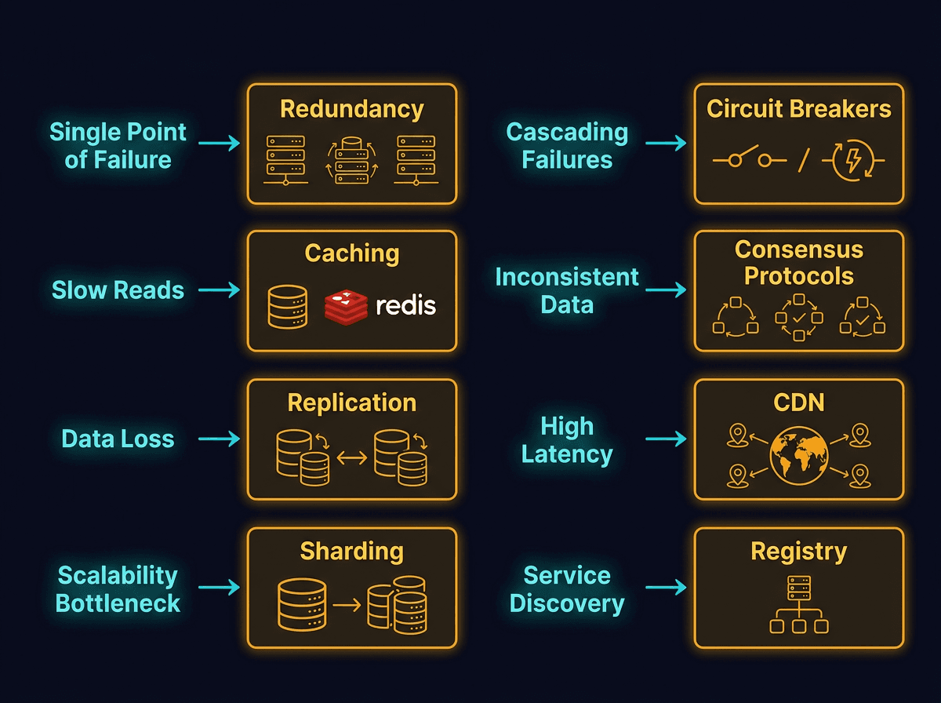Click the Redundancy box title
(351, 109)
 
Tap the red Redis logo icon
(346, 306)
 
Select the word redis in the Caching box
(405, 305)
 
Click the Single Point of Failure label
(118, 146)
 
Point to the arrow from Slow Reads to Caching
(219, 290)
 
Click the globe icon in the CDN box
(798, 455)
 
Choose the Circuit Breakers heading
(798, 109)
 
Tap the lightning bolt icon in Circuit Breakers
(853, 160)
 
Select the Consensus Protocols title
(798, 263)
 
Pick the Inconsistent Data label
(567, 290)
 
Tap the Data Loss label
(118, 439)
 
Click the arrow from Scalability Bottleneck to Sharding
(219, 588)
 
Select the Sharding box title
(351, 552)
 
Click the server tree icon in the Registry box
(798, 603)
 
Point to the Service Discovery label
(567, 589)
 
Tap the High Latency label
(567, 440)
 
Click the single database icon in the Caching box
(288, 306)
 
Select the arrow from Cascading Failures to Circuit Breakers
(666, 143)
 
